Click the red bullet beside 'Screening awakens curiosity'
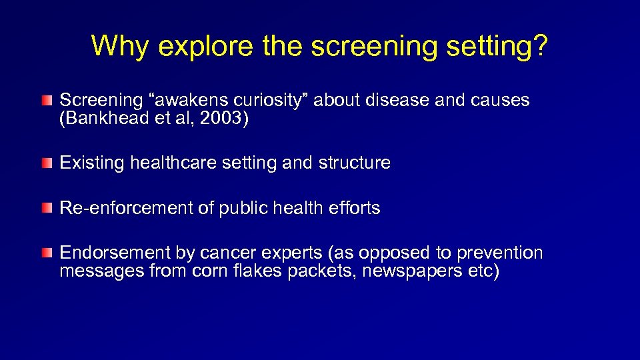tap(46, 101)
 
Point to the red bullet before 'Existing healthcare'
tap(46, 163)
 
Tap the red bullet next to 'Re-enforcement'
tap(46, 209)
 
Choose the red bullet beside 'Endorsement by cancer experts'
tap(46, 254)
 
